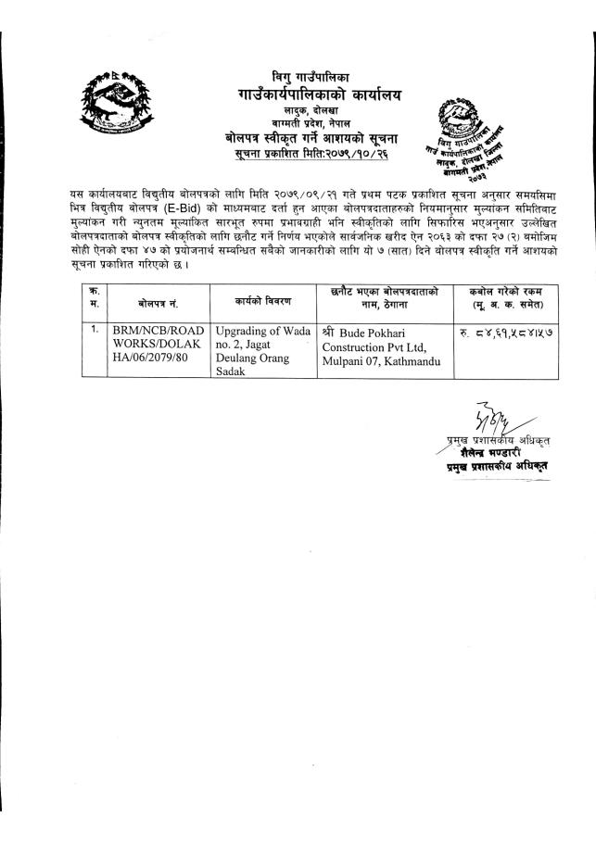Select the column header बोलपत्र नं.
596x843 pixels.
click(x=159, y=303)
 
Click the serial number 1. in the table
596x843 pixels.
click(x=95, y=329)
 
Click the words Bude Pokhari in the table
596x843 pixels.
click(x=374, y=331)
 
